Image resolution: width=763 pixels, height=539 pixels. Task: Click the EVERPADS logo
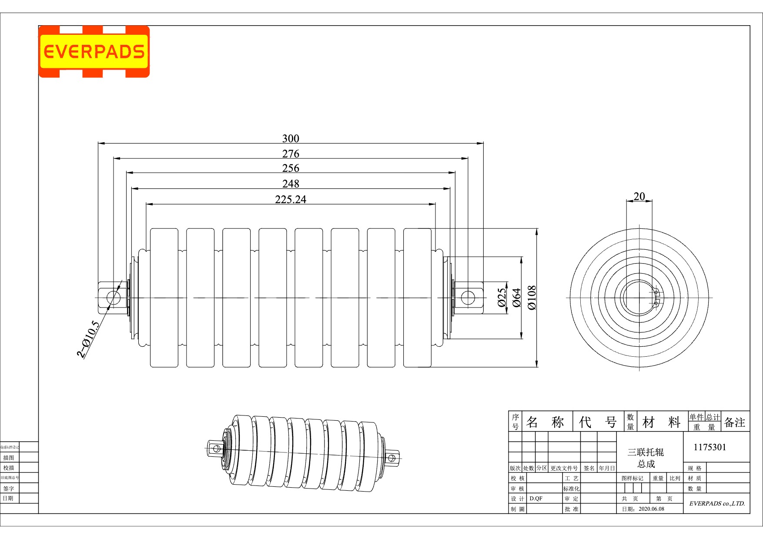(x=94, y=52)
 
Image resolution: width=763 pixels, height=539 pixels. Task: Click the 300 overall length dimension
(x=291, y=138)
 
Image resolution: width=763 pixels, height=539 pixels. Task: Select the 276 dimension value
(x=291, y=154)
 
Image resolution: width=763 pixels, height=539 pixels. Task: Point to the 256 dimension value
(x=291, y=168)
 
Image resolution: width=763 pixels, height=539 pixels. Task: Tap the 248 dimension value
(x=291, y=184)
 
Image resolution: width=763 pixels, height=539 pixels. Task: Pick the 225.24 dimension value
(x=291, y=199)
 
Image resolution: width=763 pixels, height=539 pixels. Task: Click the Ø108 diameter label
(x=532, y=298)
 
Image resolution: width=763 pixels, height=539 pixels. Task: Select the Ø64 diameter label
(x=516, y=298)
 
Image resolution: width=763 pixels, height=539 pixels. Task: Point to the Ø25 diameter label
(x=502, y=298)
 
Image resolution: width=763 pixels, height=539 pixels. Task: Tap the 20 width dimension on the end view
(x=639, y=196)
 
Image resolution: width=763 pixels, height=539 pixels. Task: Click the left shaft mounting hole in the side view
(x=113, y=298)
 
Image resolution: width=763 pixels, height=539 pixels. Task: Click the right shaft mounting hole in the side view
(x=468, y=298)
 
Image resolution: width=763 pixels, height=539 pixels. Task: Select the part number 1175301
(x=709, y=447)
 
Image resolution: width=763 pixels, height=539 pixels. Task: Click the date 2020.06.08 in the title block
(x=651, y=509)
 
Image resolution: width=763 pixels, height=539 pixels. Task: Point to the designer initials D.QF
(x=536, y=499)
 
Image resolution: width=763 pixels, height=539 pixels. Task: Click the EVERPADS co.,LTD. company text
(x=717, y=503)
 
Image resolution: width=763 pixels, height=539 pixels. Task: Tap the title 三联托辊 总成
(x=646, y=458)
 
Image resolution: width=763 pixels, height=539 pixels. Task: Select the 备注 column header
(x=734, y=422)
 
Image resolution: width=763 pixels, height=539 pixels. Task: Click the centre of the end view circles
(x=639, y=298)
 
